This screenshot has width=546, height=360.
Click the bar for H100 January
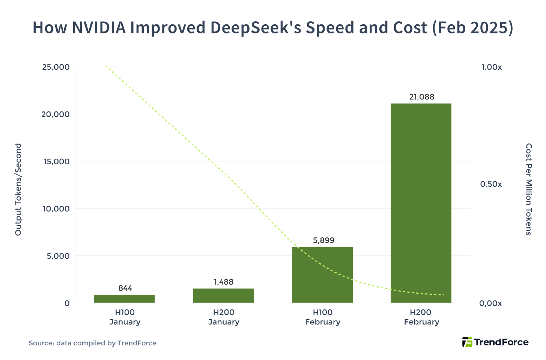[124, 298]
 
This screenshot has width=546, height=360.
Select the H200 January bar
[223, 295]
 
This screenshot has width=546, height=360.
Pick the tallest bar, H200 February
[421, 203]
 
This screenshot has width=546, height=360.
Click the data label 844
[125, 288]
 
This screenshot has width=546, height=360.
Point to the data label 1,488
[224, 282]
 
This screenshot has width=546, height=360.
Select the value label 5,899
[323, 240]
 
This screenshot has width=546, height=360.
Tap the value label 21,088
[421, 97]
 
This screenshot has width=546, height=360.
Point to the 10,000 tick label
[56, 209]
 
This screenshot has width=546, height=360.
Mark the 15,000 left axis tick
[56, 162]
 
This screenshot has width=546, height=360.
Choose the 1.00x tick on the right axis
[491, 67]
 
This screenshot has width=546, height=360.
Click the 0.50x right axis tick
[491, 184]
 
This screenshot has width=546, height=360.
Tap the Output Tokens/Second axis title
[18, 189]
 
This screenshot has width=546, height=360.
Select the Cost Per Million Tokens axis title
[528, 189]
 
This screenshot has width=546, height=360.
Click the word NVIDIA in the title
[99, 28]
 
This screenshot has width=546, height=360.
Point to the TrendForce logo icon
[467, 342]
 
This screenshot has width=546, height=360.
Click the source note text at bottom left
[92, 343]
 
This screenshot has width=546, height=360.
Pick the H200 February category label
[421, 317]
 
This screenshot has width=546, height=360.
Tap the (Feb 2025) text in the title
[472, 28]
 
